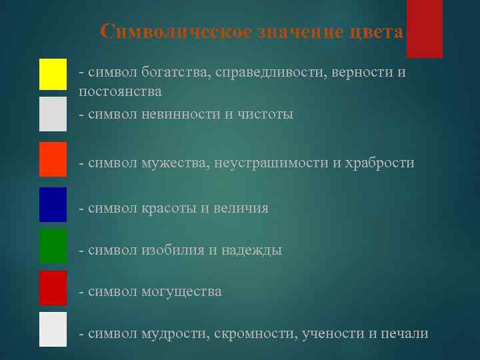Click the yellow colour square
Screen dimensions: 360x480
point(53,74)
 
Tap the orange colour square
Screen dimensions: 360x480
point(53,159)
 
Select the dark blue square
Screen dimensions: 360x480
point(53,205)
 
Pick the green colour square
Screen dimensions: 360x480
point(53,246)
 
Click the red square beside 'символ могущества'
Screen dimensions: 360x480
point(53,288)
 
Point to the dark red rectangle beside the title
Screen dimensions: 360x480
point(425,29)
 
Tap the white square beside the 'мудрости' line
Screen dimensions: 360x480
point(53,329)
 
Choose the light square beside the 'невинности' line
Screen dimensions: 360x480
point(53,114)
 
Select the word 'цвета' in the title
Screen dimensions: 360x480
point(378,32)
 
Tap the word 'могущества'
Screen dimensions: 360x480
point(181,291)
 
